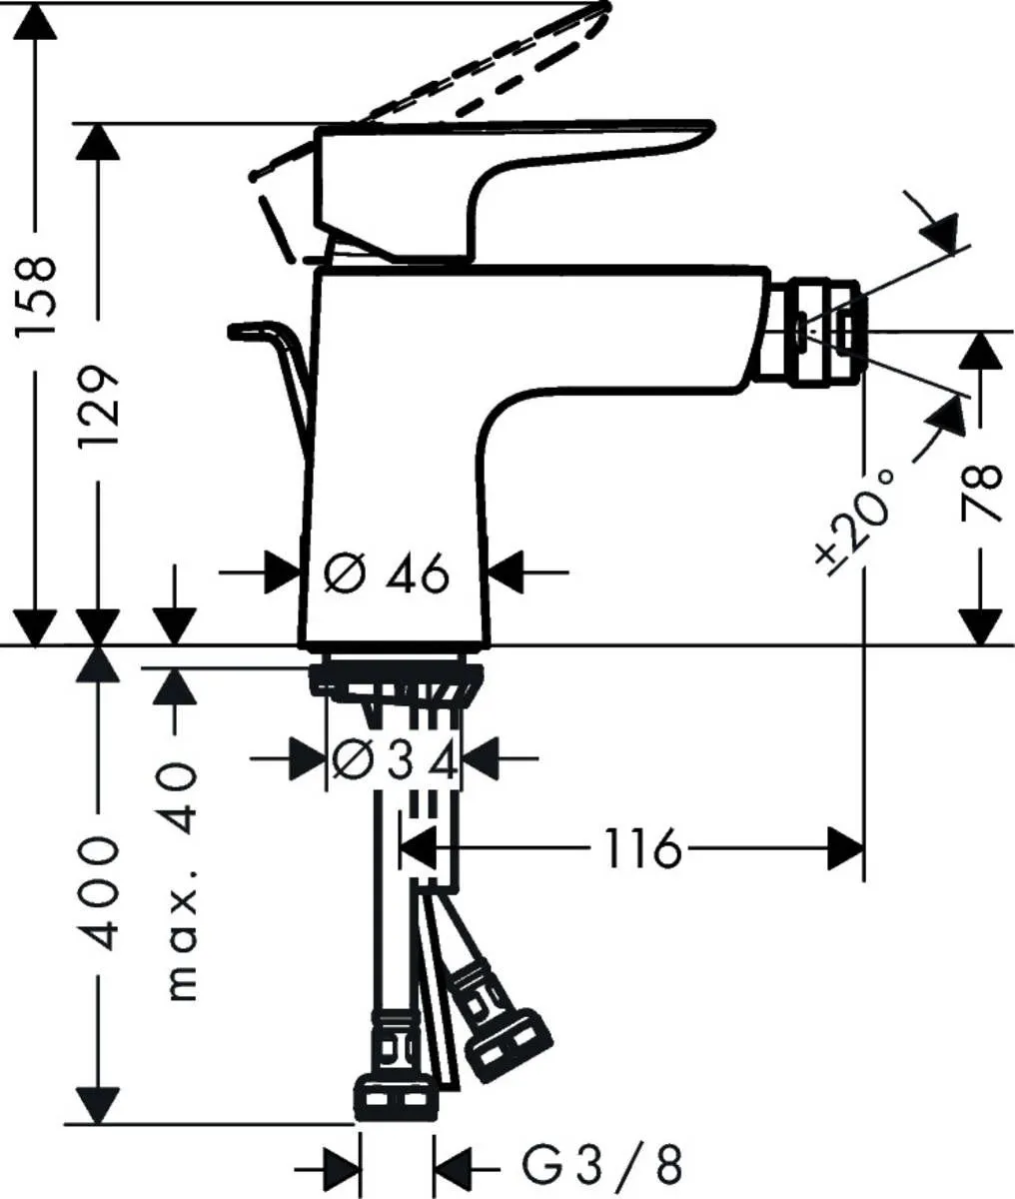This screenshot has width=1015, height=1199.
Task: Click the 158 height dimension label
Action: tap(36, 297)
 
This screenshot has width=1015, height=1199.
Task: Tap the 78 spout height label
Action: tap(983, 493)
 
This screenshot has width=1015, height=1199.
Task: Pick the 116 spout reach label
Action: tap(642, 850)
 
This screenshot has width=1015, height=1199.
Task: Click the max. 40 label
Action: tap(180, 883)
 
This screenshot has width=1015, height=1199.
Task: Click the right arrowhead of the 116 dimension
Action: tap(846, 850)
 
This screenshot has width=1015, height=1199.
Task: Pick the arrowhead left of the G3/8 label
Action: tap(453, 1165)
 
